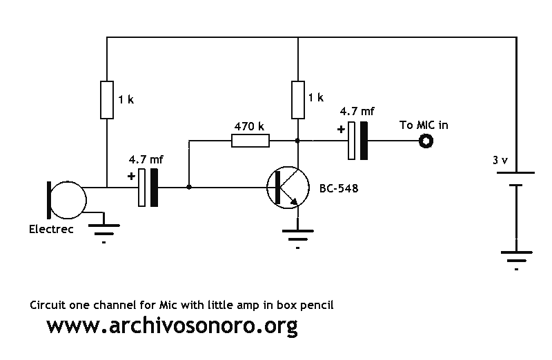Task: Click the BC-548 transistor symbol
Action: (288, 188)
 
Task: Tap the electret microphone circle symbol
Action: (67, 200)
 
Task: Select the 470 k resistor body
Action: (250, 141)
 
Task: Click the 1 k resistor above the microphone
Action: (107, 100)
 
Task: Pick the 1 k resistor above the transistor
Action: (298, 100)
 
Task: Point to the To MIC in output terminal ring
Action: (426, 141)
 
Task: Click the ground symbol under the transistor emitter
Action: (298, 236)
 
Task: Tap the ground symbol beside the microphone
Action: (104, 230)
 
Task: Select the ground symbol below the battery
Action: (516, 257)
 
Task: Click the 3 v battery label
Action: (500, 161)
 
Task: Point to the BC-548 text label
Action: (339, 189)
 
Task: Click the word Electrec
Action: (51, 229)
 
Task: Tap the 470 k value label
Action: (249, 126)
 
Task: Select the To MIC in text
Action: (424, 125)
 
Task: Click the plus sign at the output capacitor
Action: (341, 130)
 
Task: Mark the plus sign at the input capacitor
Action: (131, 176)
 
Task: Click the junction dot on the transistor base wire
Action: (189, 187)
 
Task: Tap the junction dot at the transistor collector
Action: (298, 141)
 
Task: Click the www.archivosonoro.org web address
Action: (172, 326)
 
